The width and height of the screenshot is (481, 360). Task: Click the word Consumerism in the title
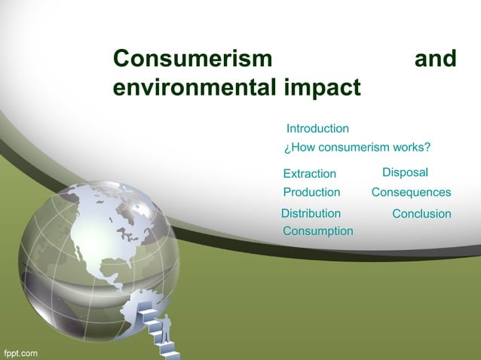[192, 59]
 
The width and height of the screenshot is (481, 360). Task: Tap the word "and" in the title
[435, 59]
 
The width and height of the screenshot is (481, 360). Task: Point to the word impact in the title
[322, 87]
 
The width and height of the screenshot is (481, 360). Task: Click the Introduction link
[317, 129]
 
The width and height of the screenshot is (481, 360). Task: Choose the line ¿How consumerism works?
[357, 147]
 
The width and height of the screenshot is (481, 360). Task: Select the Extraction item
[309, 174]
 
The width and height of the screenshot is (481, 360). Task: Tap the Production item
[311, 193]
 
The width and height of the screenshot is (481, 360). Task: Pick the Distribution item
[311, 214]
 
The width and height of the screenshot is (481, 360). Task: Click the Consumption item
[317, 231]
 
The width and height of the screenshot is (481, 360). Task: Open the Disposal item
[405, 173]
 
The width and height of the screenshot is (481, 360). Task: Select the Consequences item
[411, 193]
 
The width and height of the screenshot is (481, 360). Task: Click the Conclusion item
[421, 214]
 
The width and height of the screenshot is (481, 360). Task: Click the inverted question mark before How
[286, 148]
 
